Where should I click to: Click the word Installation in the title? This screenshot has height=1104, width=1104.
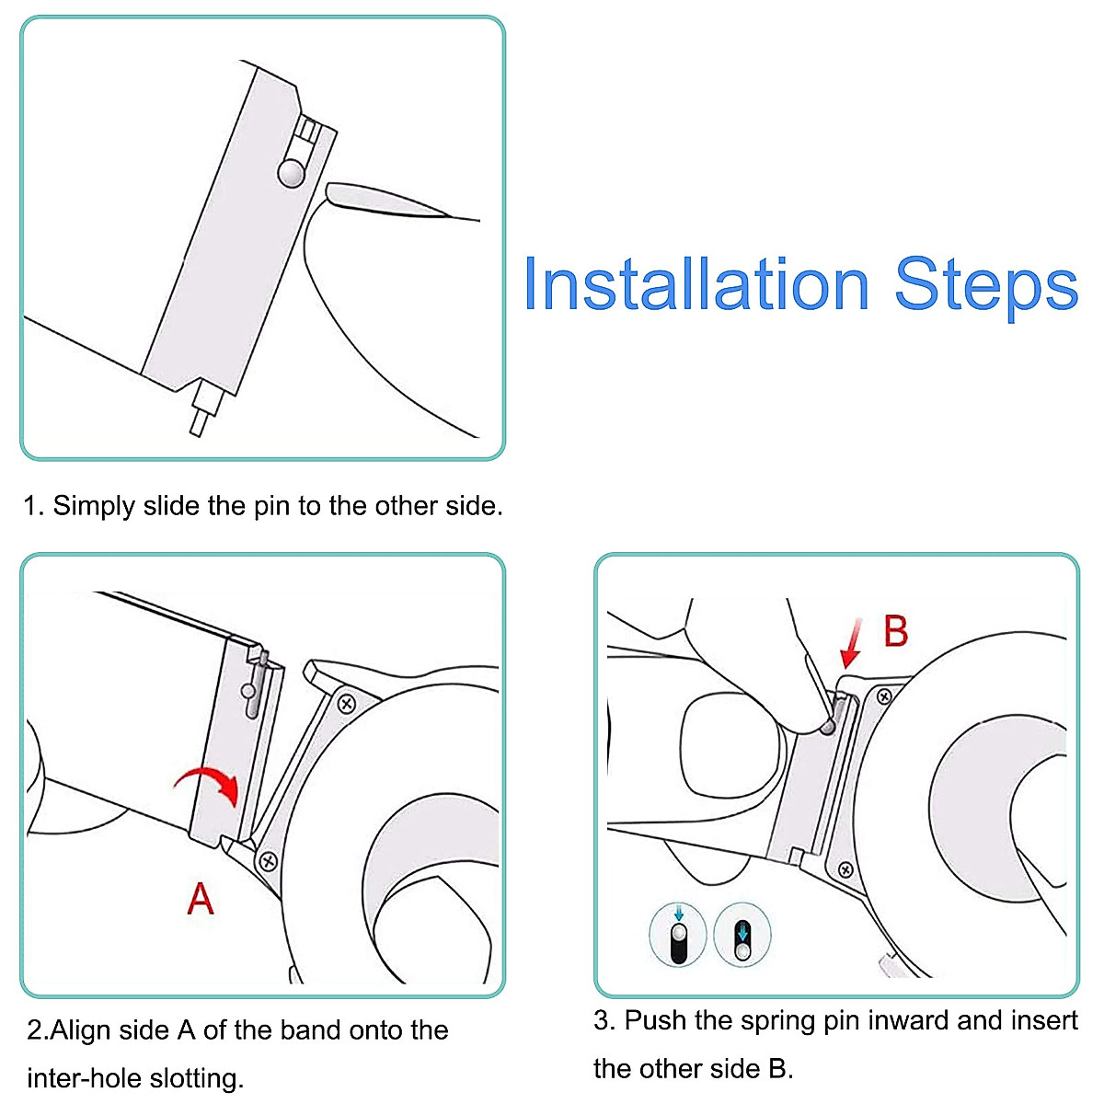coord(696,284)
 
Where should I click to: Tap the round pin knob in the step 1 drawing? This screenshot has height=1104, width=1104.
coord(291,172)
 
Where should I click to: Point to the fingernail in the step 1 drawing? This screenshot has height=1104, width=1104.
coord(385,201)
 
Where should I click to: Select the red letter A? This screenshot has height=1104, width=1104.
coord(201,899)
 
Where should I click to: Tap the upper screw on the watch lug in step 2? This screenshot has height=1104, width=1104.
coord(347,704)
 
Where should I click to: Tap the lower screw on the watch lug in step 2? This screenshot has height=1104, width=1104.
coord(268,861)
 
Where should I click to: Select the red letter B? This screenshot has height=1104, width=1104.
coord(896,632)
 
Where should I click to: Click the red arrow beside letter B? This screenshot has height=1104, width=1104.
coord(852,643)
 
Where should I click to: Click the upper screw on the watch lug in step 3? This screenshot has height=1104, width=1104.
coord(884,696)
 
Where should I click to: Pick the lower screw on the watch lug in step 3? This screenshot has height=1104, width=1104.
coord(845,869)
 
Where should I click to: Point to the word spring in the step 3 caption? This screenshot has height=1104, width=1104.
coord(778,1022)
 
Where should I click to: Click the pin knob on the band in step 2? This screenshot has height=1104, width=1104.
coord(248,692)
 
